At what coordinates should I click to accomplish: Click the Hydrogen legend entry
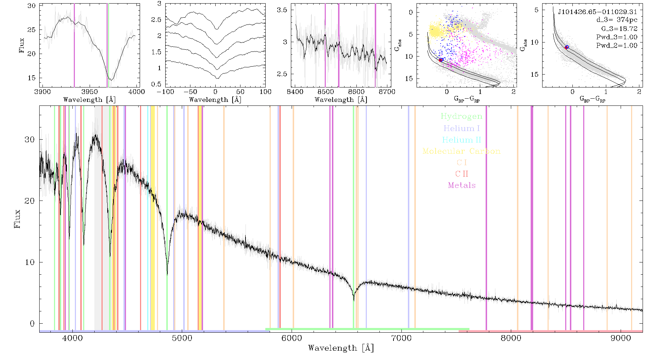[x=461, y=116]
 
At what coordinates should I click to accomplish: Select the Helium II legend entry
[x=461, y=140]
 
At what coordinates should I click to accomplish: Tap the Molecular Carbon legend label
[x=461, y=151]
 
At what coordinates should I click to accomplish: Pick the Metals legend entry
[x=462, y=185]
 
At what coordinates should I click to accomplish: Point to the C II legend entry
[x=462, y=174]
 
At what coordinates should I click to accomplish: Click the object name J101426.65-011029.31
[x=597, y=12]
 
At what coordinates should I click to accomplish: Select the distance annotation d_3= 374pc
[x=617, y=20]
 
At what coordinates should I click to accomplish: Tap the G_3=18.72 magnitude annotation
[x=619, y=28]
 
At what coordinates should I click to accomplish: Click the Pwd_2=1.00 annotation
[x=617, y=45]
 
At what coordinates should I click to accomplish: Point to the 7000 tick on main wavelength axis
[x=401, y=338]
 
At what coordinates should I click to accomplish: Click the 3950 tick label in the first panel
[x=90, y=91]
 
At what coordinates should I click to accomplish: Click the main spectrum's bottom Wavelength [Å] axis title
[x=341, y=348]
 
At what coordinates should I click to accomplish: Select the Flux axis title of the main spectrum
[x=17, y=219]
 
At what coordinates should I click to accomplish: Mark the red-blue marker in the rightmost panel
[x=566, y=47]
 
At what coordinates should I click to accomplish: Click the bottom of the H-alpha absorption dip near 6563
[x=354, y=300]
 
